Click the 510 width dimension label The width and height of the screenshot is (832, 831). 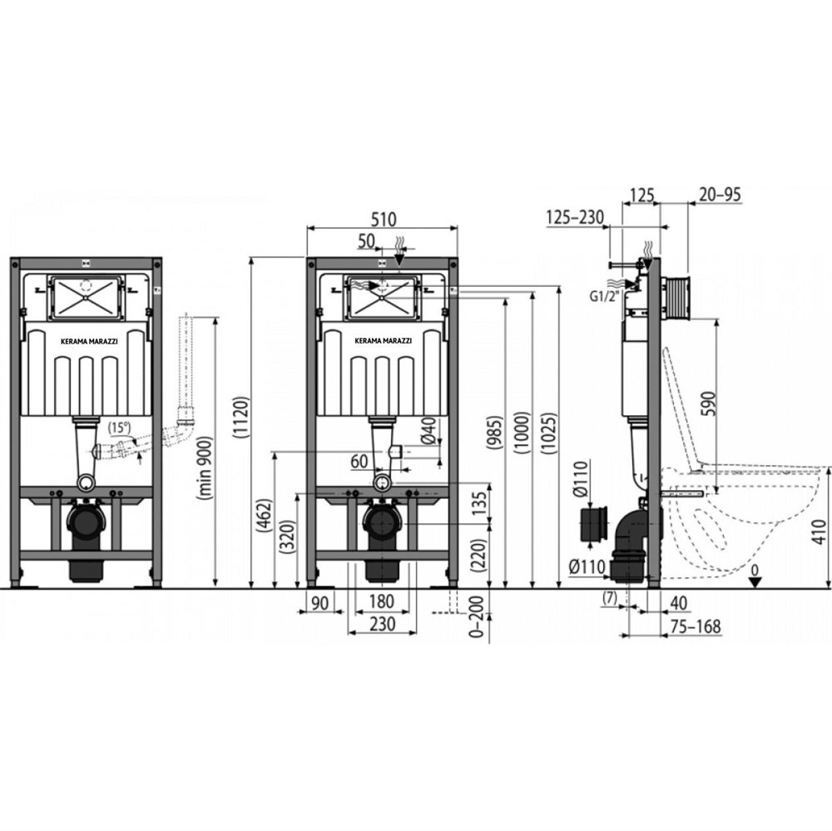[383, 219]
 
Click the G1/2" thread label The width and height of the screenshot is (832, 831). [605, 297]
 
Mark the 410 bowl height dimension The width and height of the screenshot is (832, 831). [820, 532]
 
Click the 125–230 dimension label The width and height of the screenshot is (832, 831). [575, 217]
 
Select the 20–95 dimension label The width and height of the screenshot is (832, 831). [720, 195]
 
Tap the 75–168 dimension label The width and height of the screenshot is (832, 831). [696, 626]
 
